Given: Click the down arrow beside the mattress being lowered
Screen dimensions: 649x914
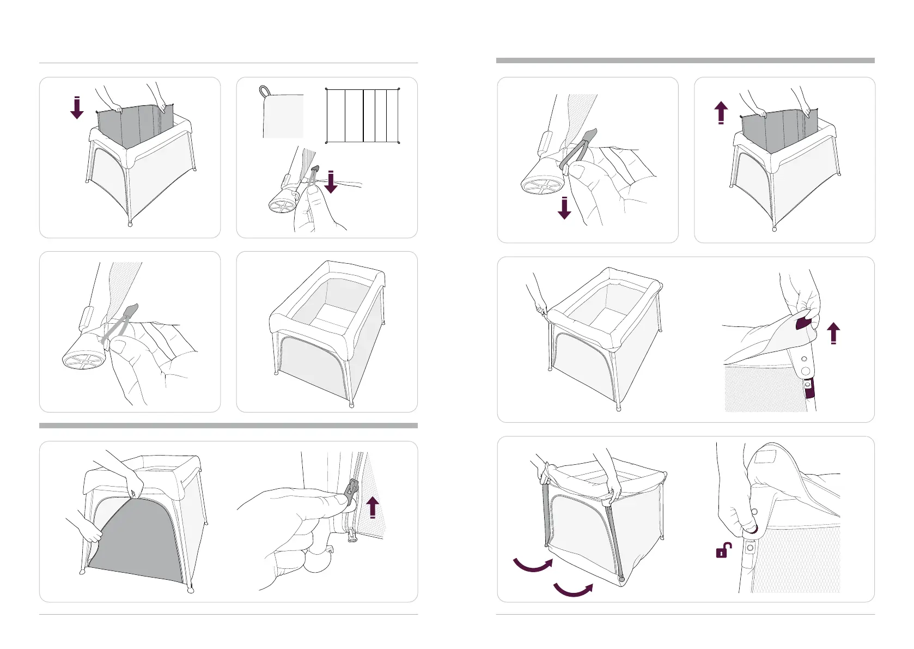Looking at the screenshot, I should click(77, 108).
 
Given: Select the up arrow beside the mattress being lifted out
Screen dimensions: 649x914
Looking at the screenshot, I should click(721, 113).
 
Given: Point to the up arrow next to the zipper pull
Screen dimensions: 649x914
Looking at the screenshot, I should click(373, 507).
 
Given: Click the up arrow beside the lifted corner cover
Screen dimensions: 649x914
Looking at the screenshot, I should click(833, 333).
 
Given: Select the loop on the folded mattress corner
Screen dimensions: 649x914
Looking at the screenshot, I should click(265, 90).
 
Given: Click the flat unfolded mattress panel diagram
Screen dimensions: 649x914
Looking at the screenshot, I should click(363, 116).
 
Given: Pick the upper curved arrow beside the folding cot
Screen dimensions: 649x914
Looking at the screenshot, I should click(533, 565).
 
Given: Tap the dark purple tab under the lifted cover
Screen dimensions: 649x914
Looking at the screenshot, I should click(803, 323).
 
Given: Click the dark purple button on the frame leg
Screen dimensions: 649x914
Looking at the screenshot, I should click(810, 389).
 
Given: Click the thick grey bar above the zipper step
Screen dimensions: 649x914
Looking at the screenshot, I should click(228, 426).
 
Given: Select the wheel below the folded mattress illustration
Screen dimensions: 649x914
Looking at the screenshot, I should click(282, 206).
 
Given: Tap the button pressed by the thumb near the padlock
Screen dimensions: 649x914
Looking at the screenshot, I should click(752, 528).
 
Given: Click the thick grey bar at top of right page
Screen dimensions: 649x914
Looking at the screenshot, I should click(685, 60).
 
